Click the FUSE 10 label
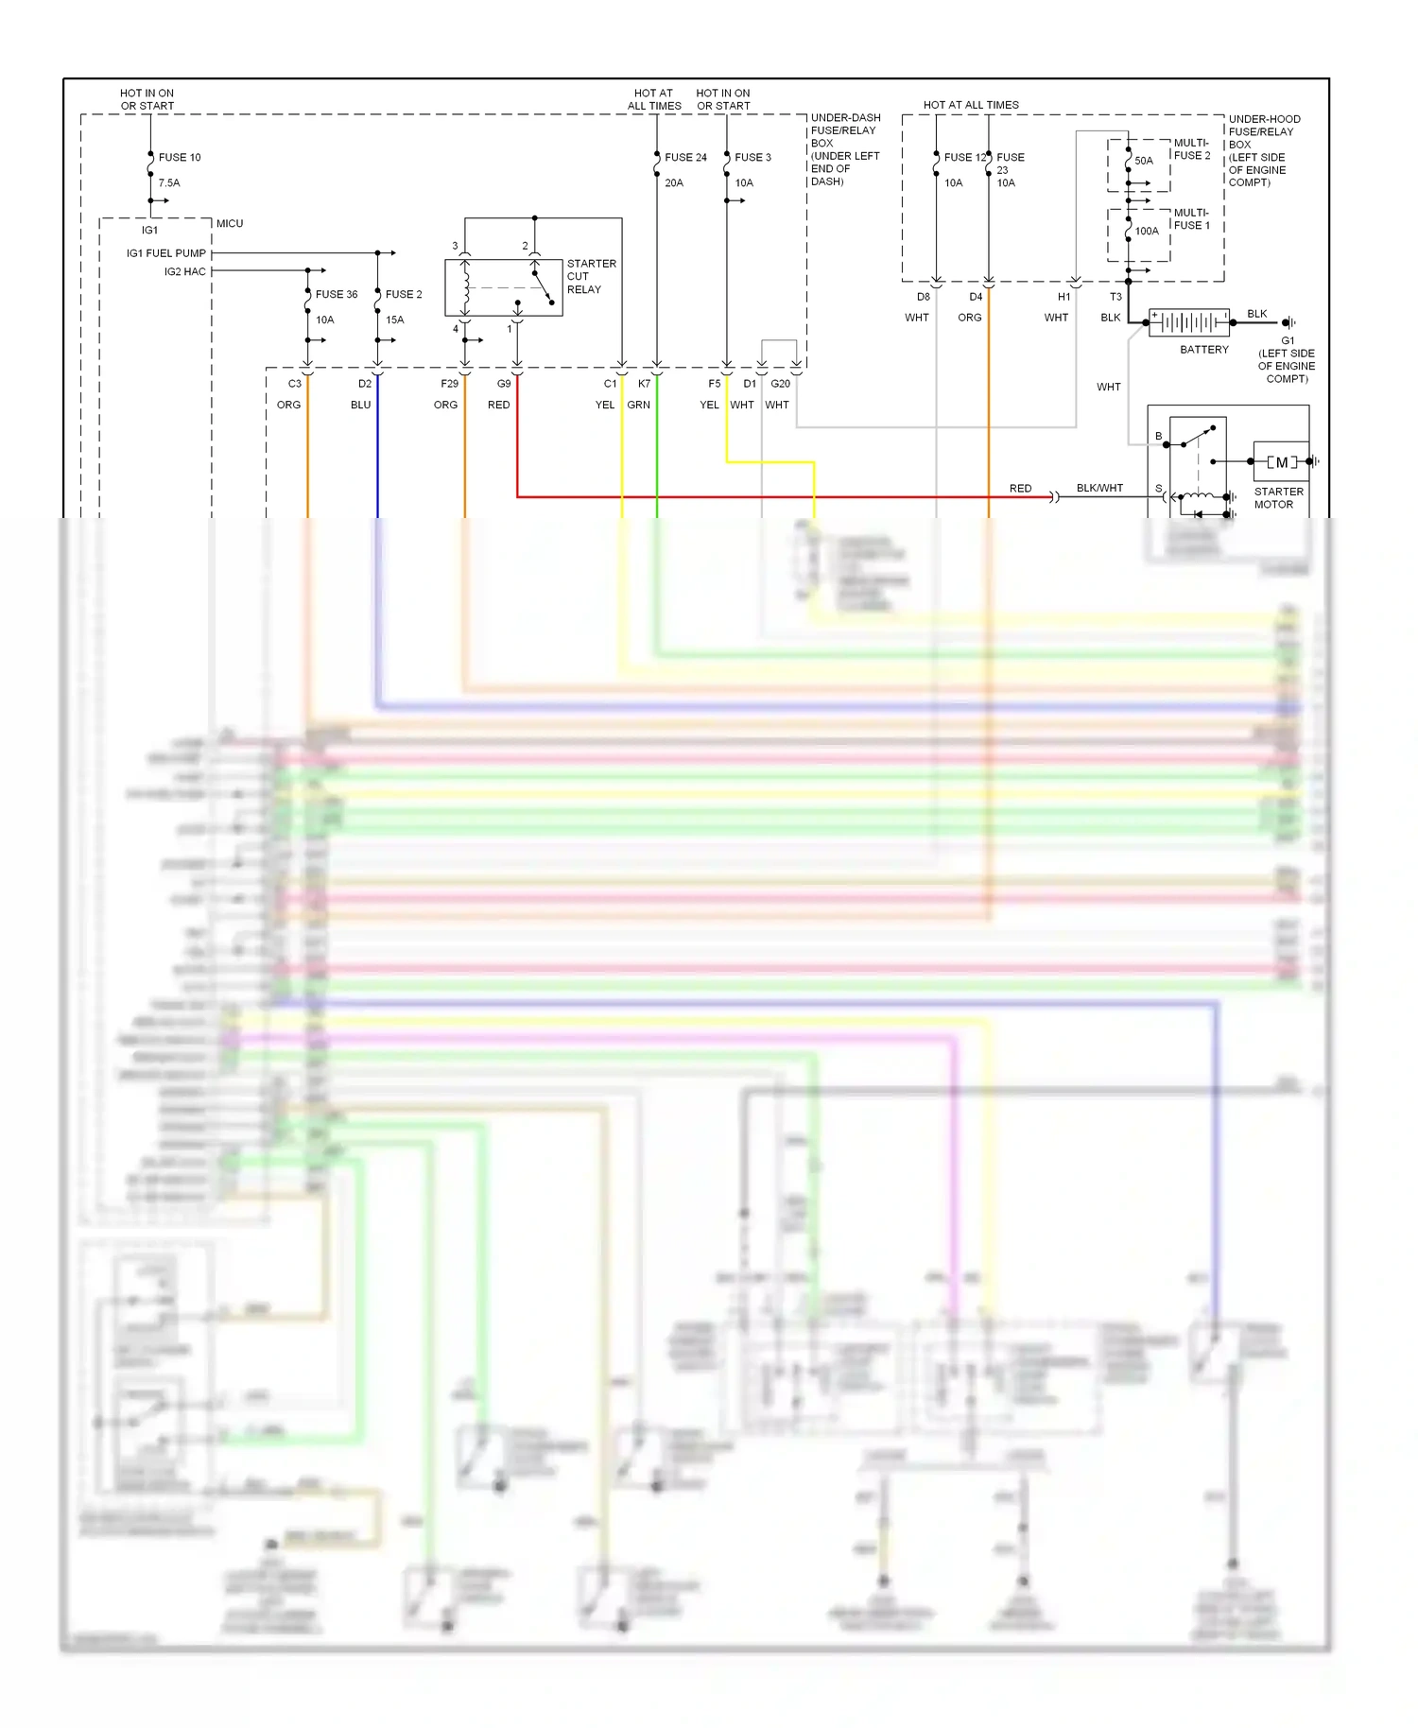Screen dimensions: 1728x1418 pos(179,157)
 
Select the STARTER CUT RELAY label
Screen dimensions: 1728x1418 pos(591,276)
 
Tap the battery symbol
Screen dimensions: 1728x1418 pos(1189,322)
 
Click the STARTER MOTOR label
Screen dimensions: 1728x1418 pos(1278,497)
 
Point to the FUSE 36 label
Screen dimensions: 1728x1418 pos(337,294)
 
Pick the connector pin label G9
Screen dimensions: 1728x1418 pos(504,384)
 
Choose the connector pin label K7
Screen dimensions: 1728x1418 pos(644,384)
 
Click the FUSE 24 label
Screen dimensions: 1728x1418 pos(685,157)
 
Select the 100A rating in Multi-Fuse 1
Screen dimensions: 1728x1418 pos(1147,231)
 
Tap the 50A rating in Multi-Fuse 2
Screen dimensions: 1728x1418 pos(1144,161)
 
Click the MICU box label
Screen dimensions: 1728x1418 pos(230,223)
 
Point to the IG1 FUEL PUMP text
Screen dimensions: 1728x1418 pos(166,253)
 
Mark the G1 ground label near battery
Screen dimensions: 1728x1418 pos(1288,340)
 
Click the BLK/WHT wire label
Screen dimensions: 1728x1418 pos(1099,488)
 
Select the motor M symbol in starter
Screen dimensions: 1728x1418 pos(1281,462)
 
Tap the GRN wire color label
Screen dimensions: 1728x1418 pos(638,405)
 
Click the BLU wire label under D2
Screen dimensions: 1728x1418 pos(360,405)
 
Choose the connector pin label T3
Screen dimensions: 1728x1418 pos(1115,297)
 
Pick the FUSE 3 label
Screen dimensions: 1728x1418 pos(752,157)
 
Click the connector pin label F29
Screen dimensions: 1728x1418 pos(449,384)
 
